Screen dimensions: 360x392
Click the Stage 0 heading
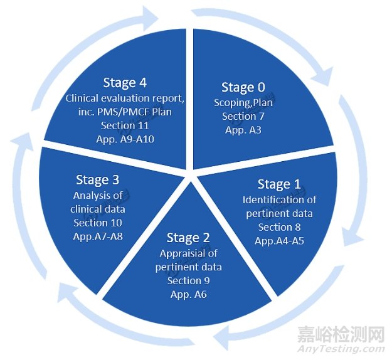tap(243, 88)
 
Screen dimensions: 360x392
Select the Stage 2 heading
tap(188, 238)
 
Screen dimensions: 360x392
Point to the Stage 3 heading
tap(97, 181)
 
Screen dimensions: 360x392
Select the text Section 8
tap(279, 227)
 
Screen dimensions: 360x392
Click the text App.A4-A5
tap(279, 240)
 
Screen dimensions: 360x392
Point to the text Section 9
tap(188, 280)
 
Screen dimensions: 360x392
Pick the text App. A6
tap(188, 294)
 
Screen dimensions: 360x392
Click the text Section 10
tap(97, 223)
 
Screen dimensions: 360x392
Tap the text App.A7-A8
tap(97, 236)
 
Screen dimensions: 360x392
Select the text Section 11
tap(127, 126)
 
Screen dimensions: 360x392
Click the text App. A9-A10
tap(127, 139)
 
